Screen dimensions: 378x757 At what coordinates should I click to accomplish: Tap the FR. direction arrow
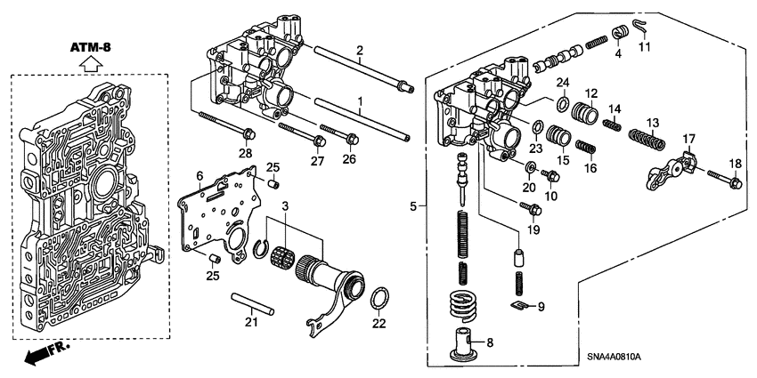coord(41,355)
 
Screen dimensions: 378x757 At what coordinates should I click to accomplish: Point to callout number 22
coord(378,323)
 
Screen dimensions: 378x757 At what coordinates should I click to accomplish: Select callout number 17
coord(688,139)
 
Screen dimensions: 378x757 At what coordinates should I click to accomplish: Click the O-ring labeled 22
coord(378,297)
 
